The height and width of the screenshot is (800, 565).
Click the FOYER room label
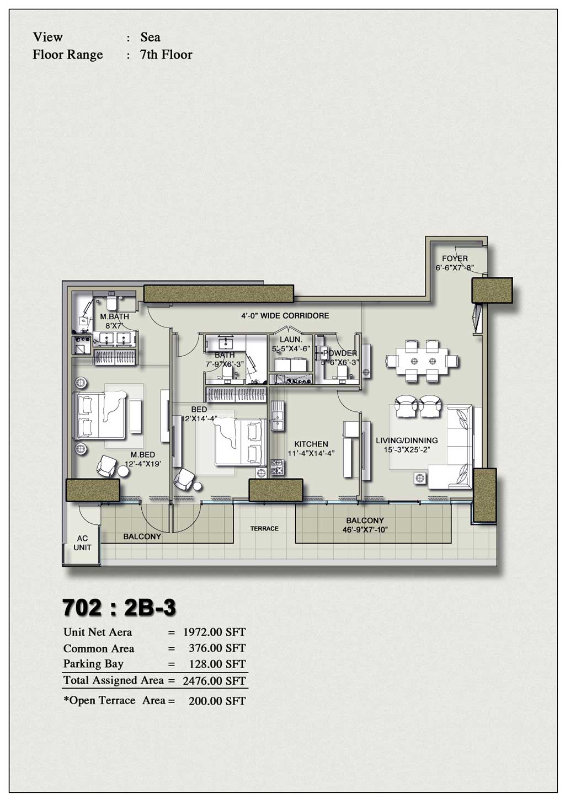(455, 259)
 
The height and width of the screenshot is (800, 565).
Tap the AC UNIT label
(82, 543)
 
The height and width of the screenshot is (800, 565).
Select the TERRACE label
(264, 529)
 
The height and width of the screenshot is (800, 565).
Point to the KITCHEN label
(311, 444)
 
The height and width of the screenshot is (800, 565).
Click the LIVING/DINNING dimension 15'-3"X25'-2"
(407, 450)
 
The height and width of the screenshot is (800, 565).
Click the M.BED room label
(142, 454)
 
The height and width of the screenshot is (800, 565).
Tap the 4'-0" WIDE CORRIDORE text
(285, 316)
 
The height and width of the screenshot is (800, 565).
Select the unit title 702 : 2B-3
(120, 608)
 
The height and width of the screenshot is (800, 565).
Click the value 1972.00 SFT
(214, 632)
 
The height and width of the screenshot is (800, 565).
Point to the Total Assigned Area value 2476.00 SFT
(214, 681)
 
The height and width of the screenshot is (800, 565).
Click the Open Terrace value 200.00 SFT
(217, 701)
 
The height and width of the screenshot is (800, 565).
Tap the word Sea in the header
(150, 37)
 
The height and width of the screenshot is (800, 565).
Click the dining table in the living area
(422, 361)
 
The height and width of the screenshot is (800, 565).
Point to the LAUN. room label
(291, 340)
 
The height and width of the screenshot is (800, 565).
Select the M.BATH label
(114, 317)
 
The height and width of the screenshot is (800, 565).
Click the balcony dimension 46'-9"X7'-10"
(365, 530)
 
